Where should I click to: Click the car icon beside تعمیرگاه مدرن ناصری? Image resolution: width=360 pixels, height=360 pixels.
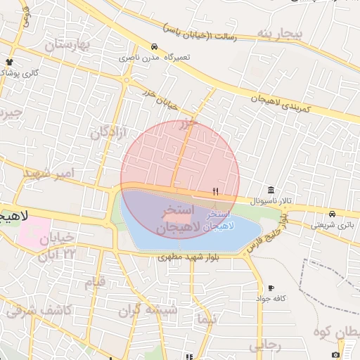point(154,47)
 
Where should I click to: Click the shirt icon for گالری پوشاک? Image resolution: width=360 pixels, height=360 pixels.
point(9,62)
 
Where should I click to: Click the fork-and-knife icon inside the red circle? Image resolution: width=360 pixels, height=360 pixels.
point(217,191)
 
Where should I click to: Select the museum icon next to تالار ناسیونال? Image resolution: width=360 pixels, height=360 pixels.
point(271,191)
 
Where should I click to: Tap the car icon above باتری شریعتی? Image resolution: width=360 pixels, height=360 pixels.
point(331,214)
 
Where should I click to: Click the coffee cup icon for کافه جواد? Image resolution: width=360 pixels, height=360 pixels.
point(271,288)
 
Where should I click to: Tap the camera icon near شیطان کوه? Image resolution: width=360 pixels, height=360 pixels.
point(335,354)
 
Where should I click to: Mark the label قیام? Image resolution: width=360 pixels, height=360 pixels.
point(95,282)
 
